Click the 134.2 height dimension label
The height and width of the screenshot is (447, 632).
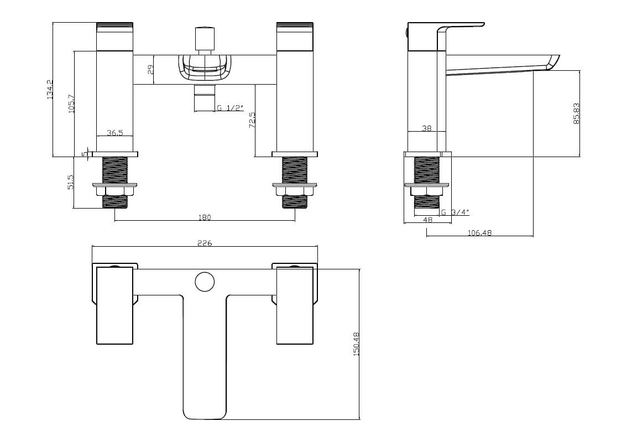pos(50,89)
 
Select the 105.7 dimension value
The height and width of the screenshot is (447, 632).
pos(71,103)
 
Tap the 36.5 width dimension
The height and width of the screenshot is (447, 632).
pos(115,132)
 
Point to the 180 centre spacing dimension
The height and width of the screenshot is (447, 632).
pos(205,217)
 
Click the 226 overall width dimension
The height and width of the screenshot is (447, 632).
pos(205,243)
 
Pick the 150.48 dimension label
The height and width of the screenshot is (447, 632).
pos(356,344)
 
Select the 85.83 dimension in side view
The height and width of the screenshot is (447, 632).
pos(576,113)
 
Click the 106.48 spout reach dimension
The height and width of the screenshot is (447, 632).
pos(479,232)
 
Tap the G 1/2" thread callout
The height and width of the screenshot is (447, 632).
pos(231,108)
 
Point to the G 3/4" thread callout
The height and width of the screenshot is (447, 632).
pos(455,212)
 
